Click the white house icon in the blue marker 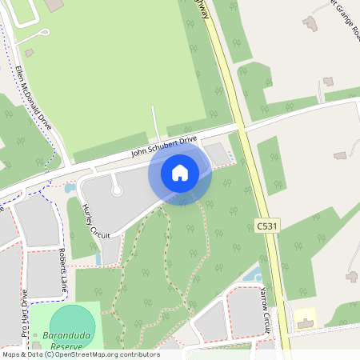[x=180, y=173]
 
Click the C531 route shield [x=268, y=226]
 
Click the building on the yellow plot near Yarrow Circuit [x=304, y=322]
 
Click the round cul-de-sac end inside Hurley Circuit [x=117, y=190]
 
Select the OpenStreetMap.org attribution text [x=95, y=354]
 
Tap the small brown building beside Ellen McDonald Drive [x=30, y=53]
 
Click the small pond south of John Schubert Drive [x=70, y=188]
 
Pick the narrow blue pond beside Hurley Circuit [x=98, y=258]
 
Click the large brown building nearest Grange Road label [x=310, y=23]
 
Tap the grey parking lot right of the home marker [x=217, y=154]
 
